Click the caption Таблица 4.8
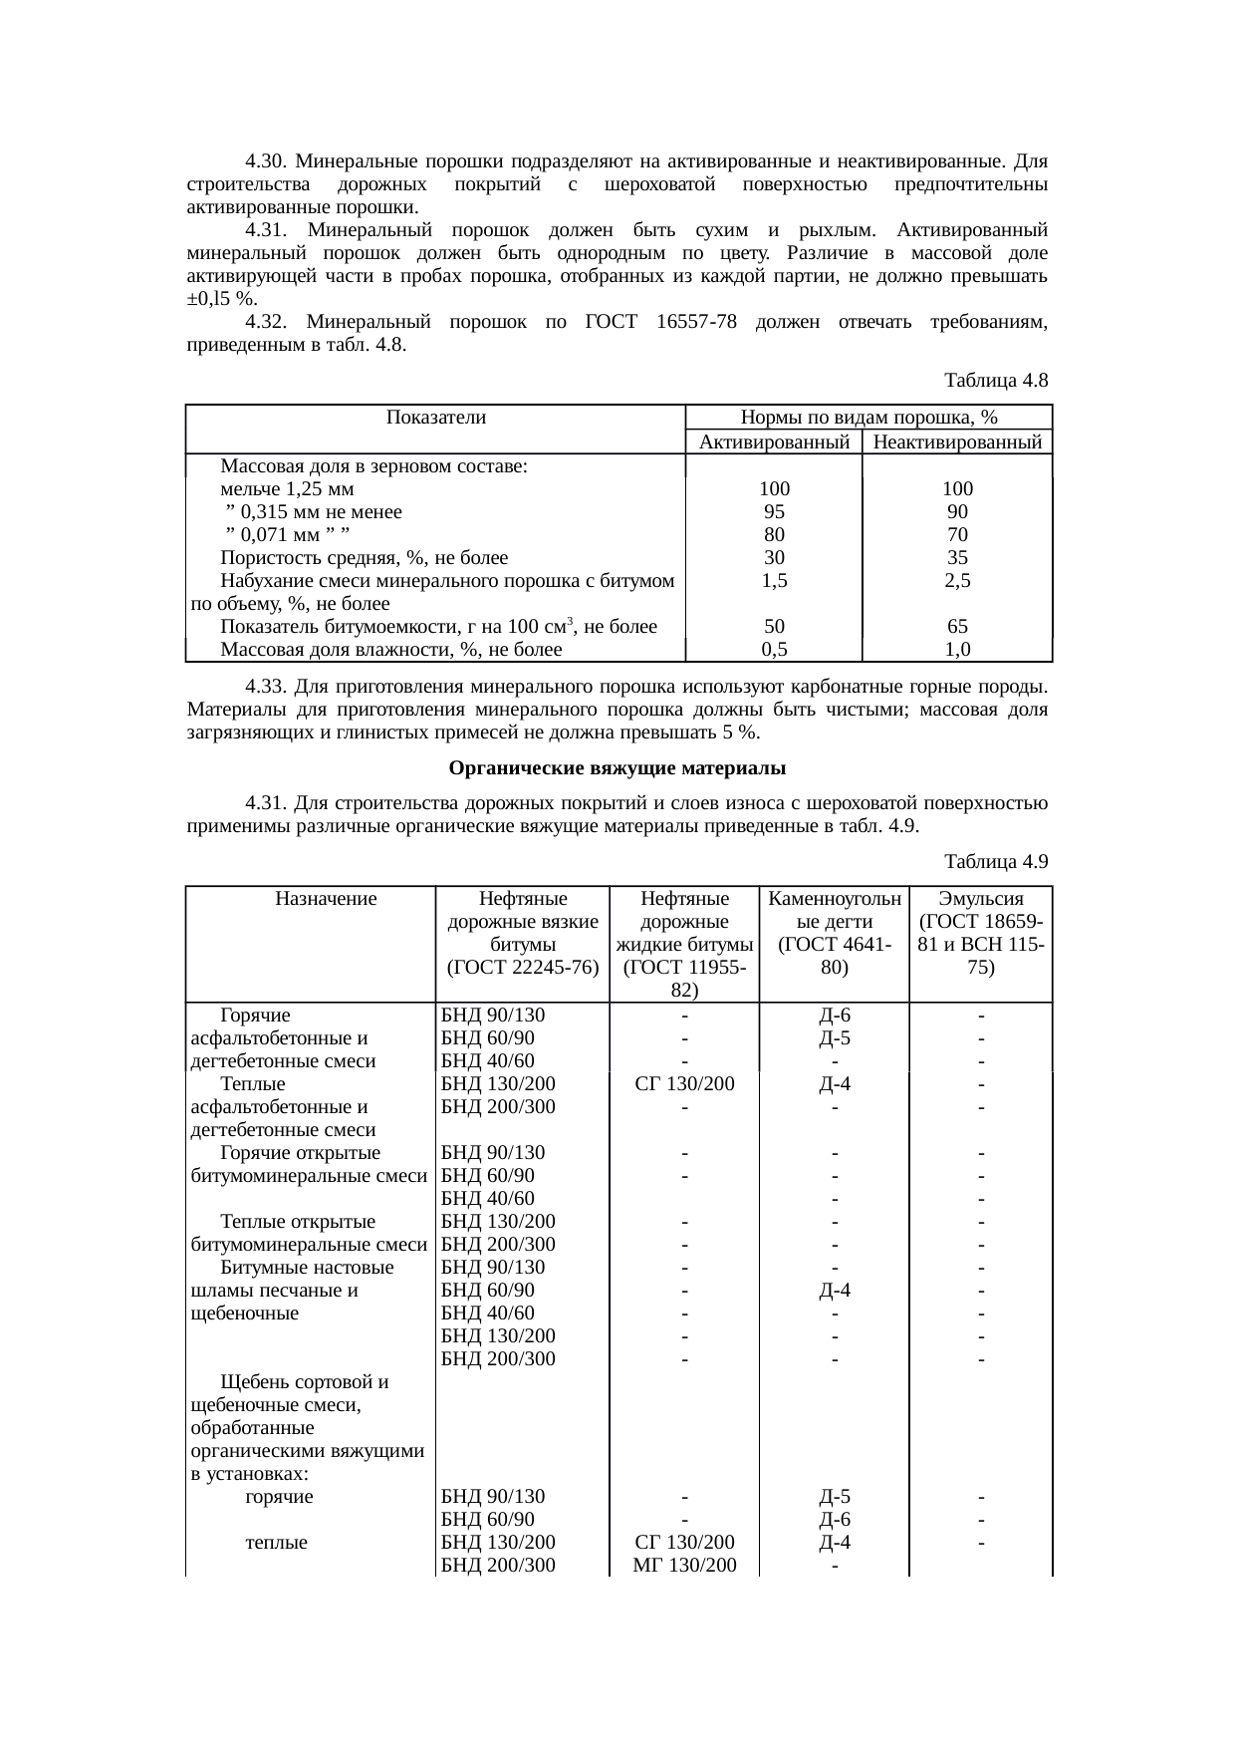[x=995, y=381]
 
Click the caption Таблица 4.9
[x=995, y=861]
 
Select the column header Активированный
[x=774, y=442]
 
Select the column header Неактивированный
[x=957, y=442]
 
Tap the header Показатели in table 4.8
[x=435, y=419]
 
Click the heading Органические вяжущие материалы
[x=617, y=768]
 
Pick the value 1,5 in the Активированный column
[x=774, y=581]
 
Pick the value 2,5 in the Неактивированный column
[x=957, y=581]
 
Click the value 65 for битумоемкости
[x=957, y=627]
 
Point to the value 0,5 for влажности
[x=774, y=650]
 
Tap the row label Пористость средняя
[x=364, y=558]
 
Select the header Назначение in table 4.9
[x=326, y=899]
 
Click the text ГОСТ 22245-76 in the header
[x=523, y=967]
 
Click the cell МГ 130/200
[x=684, y=1566]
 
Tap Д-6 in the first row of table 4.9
[x=834, y=1016]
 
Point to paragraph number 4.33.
[x=266, y=688]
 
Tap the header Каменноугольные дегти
[x=834, y=922]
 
